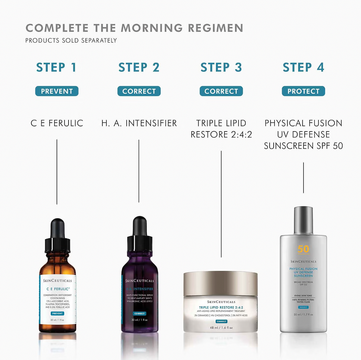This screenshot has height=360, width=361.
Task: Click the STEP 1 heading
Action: [x=56, y=67]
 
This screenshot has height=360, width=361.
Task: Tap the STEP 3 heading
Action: [x=221, y=67]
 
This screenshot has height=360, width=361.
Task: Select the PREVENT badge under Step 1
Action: [x=57, y=91]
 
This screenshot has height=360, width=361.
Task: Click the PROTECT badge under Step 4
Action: [x=303, y=91]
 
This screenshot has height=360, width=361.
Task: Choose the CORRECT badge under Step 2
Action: [x=139, y=91]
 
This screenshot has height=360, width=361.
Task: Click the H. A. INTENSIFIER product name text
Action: [x=139, y=123]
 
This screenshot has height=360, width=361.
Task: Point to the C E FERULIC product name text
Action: [x=57, y=123]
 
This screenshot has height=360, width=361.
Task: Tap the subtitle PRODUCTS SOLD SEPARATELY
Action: [x=71, y=41]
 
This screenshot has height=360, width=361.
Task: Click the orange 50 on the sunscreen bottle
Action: [x=303, y=249]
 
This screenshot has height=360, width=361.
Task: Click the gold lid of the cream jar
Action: [x=220, y=283]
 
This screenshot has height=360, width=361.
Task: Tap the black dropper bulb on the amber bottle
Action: [x=57, y=228]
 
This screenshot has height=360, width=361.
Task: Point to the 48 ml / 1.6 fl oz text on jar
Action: [x=221, y=328]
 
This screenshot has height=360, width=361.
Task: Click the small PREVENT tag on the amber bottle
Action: [x=57, y=313]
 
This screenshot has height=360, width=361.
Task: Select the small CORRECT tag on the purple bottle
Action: [x=140, y=314]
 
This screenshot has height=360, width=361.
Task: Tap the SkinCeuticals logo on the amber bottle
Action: [x=57, y=280]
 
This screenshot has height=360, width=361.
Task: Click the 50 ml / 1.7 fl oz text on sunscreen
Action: [x=303, y=314]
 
